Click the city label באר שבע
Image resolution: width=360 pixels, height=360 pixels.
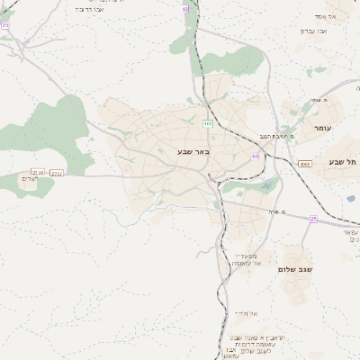193,152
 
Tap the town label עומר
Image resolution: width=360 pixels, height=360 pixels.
323,129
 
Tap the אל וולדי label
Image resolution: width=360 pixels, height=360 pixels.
246,312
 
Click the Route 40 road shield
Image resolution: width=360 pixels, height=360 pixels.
184,9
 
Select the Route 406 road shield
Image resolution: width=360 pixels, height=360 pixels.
208,123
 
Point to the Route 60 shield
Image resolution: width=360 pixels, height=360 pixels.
256,156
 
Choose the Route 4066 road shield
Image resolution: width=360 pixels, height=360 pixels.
305,164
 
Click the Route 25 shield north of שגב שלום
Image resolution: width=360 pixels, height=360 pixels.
313,219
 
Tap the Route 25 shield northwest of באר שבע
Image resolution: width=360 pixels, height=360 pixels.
5,26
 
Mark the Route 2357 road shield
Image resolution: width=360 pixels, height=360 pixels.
58,172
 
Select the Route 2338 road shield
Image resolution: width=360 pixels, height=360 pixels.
37,172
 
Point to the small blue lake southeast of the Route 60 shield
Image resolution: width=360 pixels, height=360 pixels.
265,186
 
